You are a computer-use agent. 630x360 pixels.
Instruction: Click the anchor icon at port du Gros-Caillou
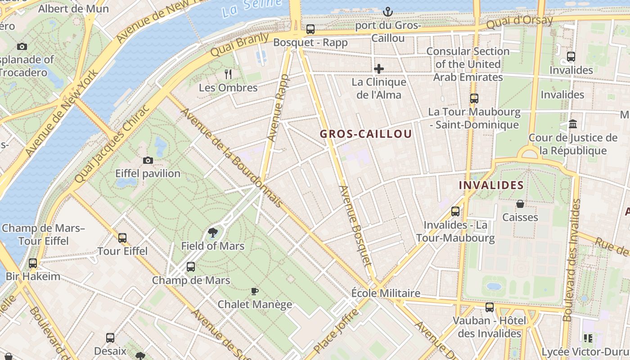tap(387, 12)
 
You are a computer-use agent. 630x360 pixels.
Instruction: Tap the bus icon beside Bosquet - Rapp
tap(310, 30)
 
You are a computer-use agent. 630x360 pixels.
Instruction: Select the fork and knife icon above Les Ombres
tap(228, 74)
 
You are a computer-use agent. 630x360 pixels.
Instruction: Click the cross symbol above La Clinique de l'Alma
tap(379, 69)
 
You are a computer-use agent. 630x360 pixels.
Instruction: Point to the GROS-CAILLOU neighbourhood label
tap(365, 134)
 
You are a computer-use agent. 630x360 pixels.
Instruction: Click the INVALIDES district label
tap(491, 185)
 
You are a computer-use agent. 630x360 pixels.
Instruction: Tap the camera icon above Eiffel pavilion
tap(148, 160)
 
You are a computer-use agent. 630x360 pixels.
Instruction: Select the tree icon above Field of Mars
tap(212, 233)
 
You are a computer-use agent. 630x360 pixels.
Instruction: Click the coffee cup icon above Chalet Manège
tap(255, 291)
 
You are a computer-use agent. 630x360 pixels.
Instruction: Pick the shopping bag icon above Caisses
tap(520, 204)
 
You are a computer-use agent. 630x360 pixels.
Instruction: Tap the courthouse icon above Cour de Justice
tap(573, 124)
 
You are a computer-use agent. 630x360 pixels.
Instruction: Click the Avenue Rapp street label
tap(278, 108)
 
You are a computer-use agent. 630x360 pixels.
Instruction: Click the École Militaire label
tap(386, 293)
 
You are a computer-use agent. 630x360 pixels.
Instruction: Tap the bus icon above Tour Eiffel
tap(122, 238)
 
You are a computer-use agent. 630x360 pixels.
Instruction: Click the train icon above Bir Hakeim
tap(33, 263)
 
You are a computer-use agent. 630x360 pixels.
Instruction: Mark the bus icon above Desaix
tap(110, 337)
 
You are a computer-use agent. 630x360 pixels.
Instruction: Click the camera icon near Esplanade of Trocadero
tap(22, 46)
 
